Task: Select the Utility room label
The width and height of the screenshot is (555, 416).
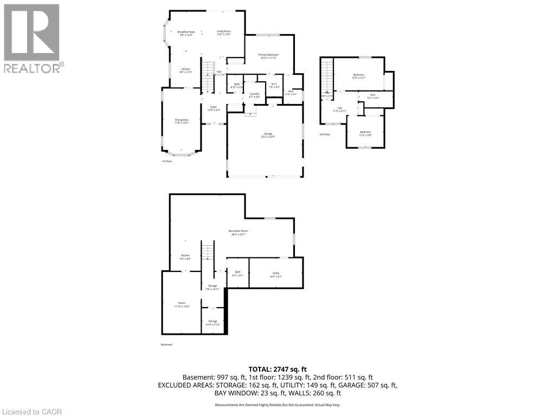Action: pyautogui.click(x=276, y=275)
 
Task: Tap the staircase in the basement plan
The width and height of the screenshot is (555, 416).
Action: pyautogui.click(x=209, y=252)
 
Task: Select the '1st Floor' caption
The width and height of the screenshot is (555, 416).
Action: pyautogui.click(x=167, y=161)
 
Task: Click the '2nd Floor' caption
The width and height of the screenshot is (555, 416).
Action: pyautogui.click(x=325, y=134)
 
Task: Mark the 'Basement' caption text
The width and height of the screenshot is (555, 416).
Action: pyautogui.click(x=166, y=344)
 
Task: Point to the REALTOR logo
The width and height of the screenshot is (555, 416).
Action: pyautogui.click(x=32, y=38)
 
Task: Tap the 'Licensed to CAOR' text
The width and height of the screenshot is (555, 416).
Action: pyautogui.click(x=31, y=412)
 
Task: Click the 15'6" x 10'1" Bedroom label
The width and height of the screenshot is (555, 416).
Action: pyautogui.click(x=359, y=76)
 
